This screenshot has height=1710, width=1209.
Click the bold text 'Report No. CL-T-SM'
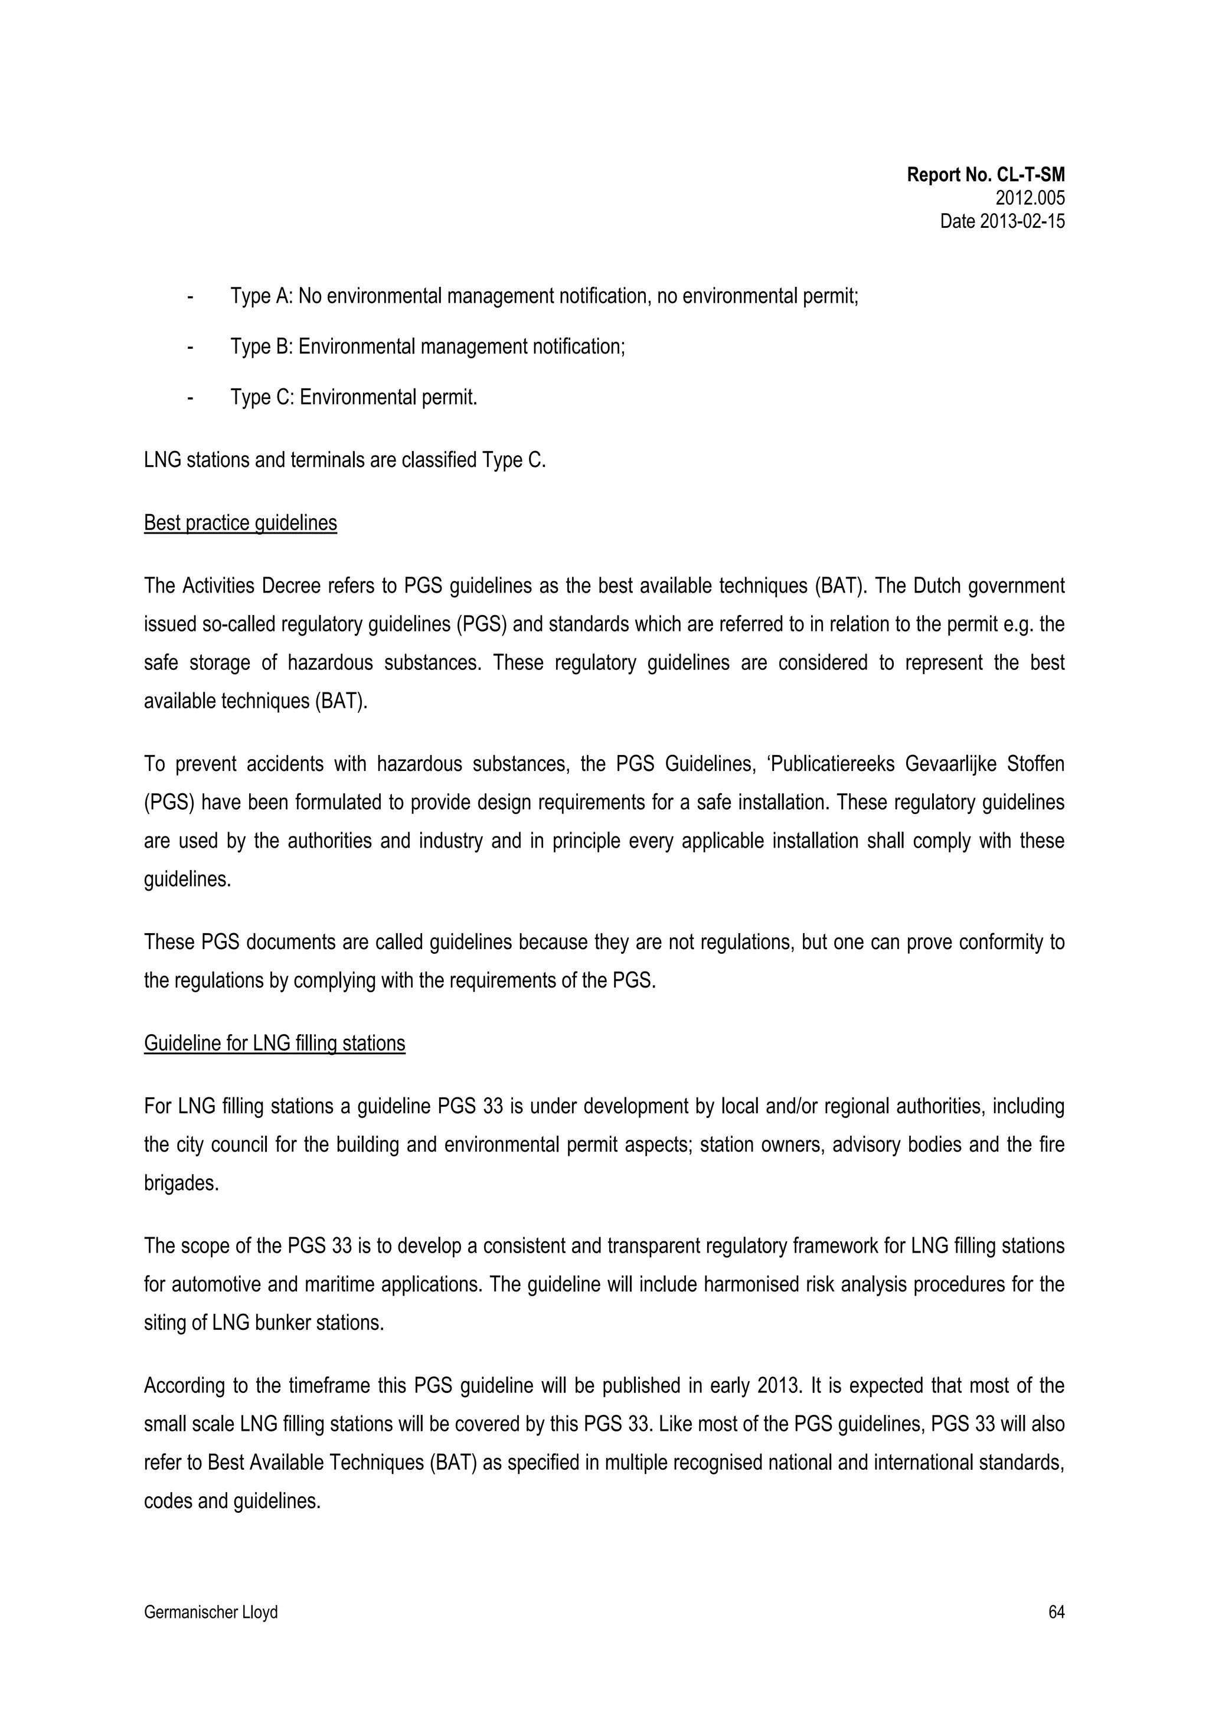point(985,175)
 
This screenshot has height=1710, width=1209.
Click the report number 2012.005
point(1030,198)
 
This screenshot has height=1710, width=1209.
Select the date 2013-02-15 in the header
point(1002,221)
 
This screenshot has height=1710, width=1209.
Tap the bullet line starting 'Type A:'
point(544,296)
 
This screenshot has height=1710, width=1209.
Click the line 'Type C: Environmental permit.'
point(353,398)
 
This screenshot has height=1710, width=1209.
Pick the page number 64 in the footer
point(1056,1613)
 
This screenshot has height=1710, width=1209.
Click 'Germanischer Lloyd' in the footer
point(210,1613)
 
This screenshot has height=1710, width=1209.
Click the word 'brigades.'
point(181,1183)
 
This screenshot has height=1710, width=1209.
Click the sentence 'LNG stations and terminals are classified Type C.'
point(344,460)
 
